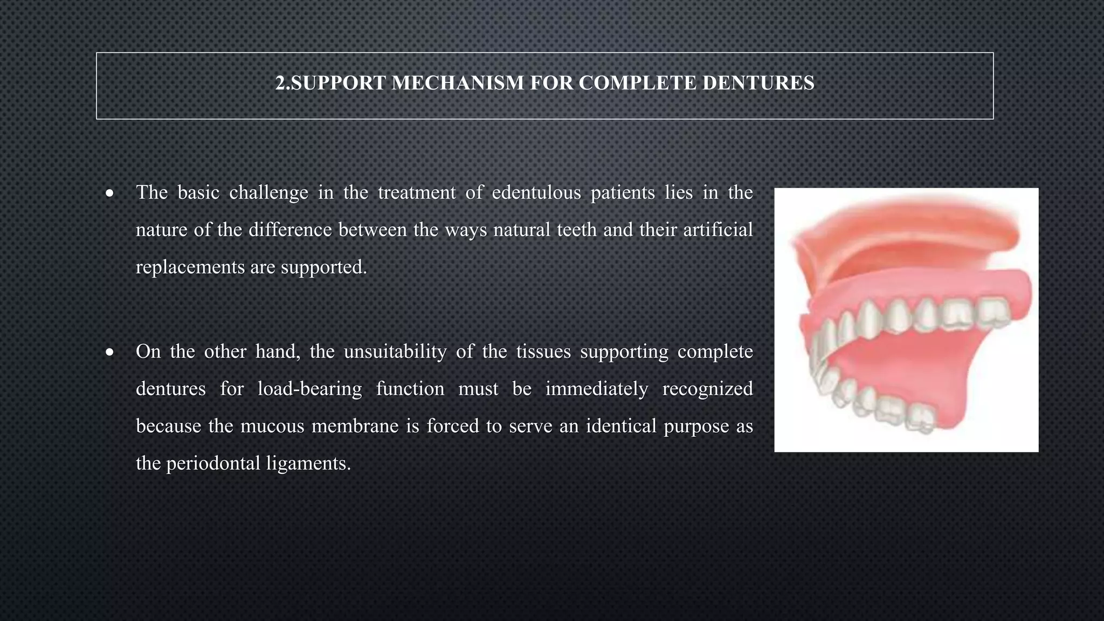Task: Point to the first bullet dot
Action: coord(110,193)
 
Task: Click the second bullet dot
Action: coord(110,353)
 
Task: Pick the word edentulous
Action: coord(536,192)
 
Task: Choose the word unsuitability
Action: coord(395,351)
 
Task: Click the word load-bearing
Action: coord(309,389)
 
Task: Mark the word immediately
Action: coord(597,389)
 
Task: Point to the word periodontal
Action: coord(213,463)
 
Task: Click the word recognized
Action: coord(707,389)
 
